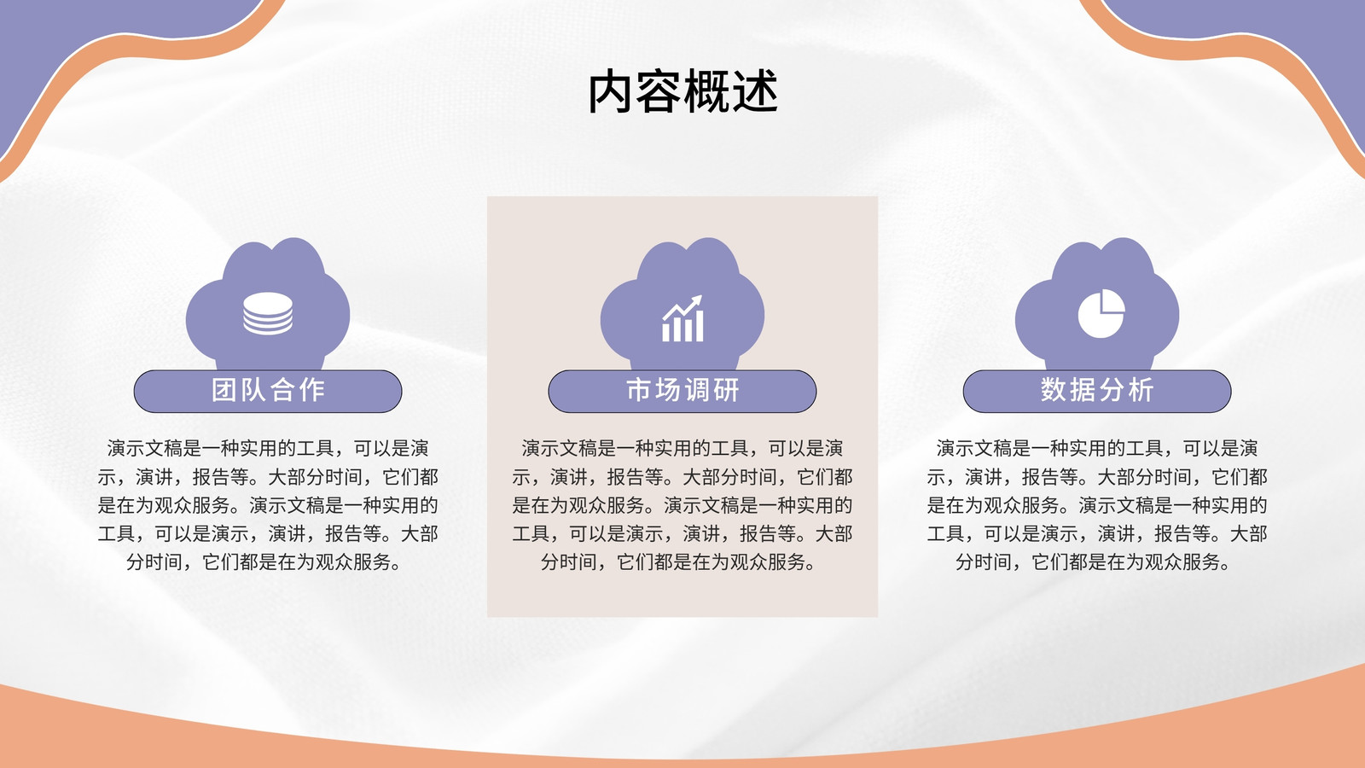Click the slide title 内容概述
682,91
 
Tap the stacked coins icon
268,313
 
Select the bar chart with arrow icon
682,318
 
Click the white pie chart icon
1101,313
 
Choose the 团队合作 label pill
268,391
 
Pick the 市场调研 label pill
682,391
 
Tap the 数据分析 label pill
1097,391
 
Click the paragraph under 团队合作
268,504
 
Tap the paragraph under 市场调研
682,504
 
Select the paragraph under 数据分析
1097,504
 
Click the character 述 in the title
756,91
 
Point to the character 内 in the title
610,91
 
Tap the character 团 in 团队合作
223,390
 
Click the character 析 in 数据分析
1141,390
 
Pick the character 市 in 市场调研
638,390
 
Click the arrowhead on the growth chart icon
696,301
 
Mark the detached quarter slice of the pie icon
1113,300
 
